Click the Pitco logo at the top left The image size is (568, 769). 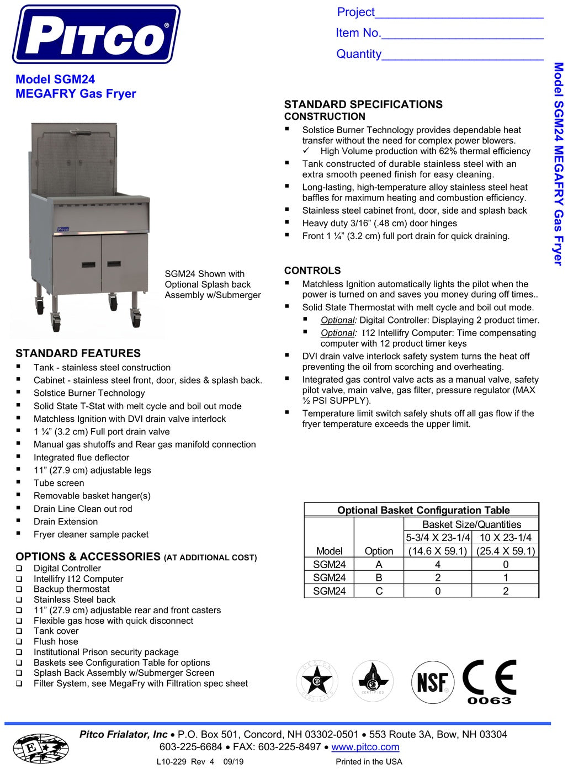coord(96,34)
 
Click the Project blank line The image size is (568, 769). coord(459,14)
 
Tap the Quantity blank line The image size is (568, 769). coord(462,55)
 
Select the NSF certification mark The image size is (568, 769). coord(433,682)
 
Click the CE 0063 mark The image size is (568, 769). coord(489,682)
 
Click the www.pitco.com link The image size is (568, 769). coord(365,747)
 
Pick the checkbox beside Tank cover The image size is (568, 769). coord(19,632)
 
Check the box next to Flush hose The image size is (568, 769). coord(19,642)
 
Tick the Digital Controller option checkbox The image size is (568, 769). coord(19,569)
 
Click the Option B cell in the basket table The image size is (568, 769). coord(379,577)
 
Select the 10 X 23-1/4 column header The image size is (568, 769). coord(505,537)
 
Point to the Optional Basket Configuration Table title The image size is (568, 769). coord(423,510)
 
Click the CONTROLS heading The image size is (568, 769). coord(312,271)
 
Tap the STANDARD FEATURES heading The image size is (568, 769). coord(78,353)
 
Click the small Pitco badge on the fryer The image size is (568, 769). coord(63,229)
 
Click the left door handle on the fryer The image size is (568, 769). coord(88,265)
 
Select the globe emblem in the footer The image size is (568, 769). coord(40,749)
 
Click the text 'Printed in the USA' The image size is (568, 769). coord(369,762)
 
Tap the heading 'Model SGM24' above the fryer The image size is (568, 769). coord(55,79)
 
